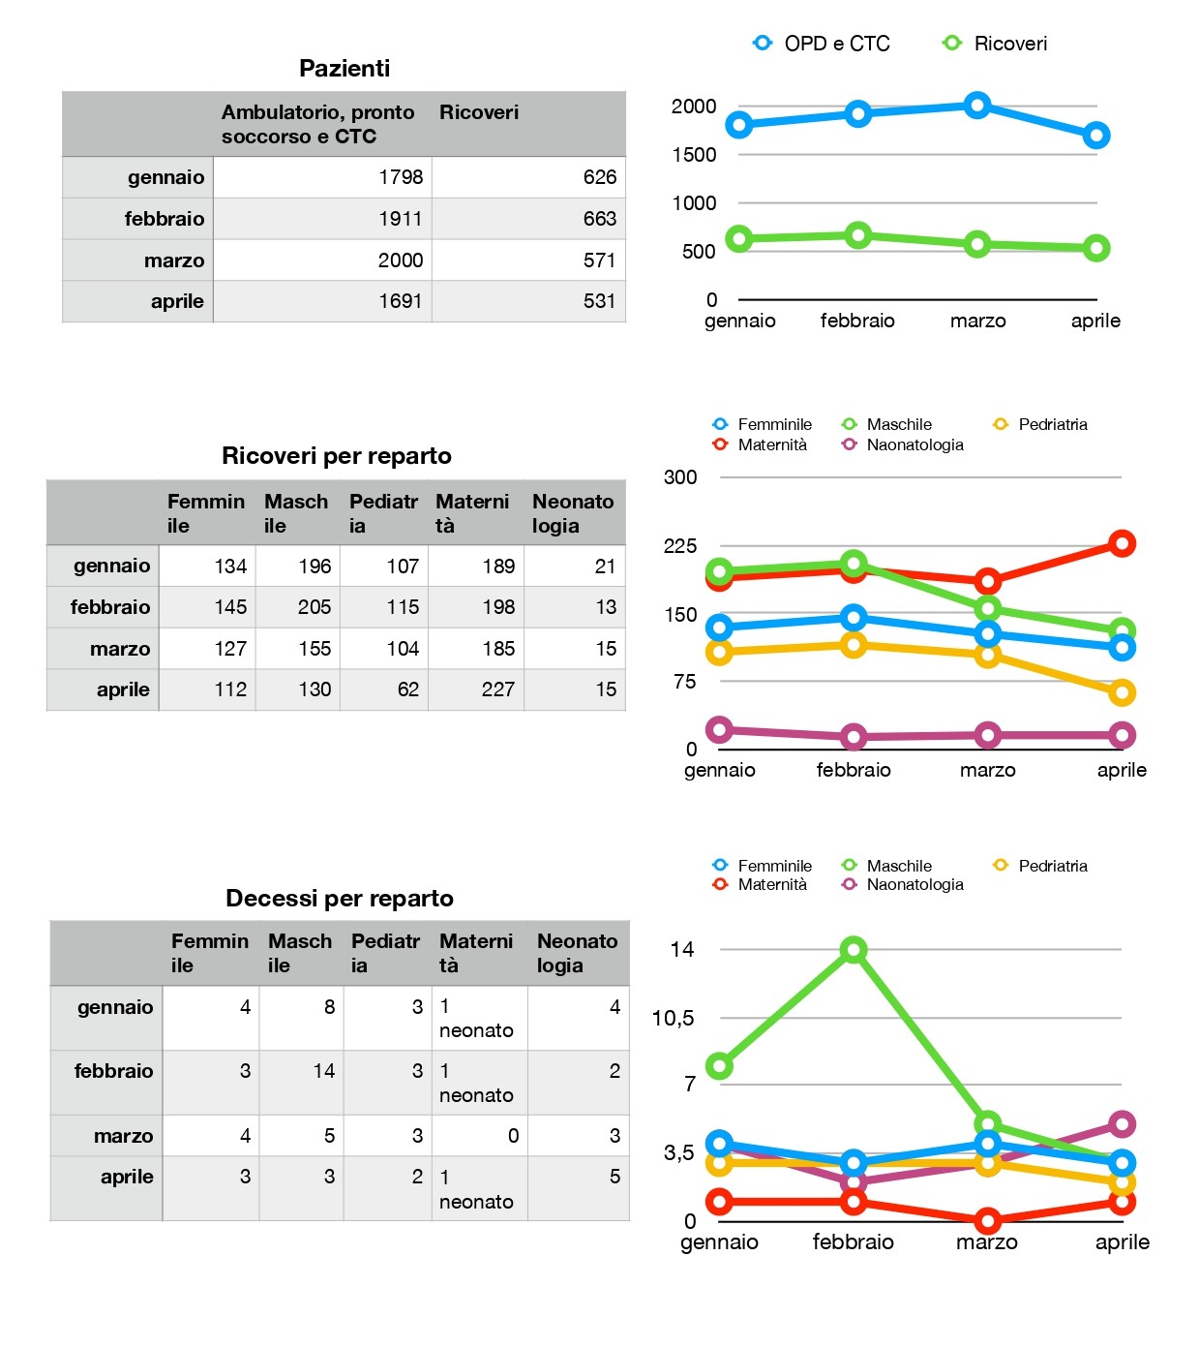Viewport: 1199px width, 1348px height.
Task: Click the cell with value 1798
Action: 322,177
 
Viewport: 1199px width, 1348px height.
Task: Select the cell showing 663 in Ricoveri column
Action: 528,218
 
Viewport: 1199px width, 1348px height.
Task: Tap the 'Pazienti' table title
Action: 345,68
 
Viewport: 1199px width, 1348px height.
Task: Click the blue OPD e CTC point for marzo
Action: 976,106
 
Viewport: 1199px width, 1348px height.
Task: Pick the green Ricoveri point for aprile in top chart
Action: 1095,248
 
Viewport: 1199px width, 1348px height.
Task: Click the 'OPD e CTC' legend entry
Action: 822,44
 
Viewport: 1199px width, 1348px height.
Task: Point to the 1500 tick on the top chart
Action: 694,155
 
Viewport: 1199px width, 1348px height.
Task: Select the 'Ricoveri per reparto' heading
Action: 337,456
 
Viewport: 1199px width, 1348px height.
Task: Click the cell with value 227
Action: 476,689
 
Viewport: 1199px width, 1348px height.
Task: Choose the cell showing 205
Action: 298,607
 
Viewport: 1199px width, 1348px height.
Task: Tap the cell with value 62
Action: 384,689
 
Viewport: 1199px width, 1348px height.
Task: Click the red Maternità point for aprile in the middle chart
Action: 1122,543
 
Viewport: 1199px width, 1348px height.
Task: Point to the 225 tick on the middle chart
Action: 679,546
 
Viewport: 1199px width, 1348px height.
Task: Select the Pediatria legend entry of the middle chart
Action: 1040,424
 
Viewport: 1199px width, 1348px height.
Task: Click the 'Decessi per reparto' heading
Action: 339,899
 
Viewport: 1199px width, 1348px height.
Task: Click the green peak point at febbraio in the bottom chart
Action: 854,949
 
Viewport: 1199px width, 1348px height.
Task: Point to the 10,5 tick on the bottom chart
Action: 673,1018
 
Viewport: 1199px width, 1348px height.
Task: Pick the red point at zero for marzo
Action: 987,1221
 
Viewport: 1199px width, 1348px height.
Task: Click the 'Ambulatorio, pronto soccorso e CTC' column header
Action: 317,124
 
